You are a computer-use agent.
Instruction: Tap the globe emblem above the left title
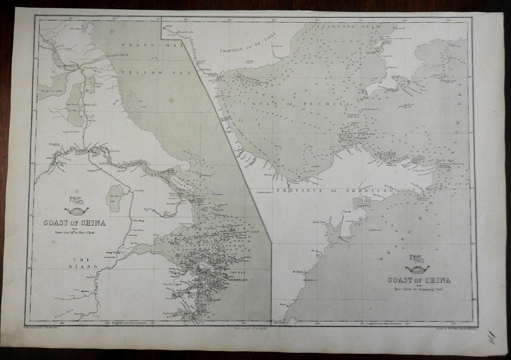[76, 209]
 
